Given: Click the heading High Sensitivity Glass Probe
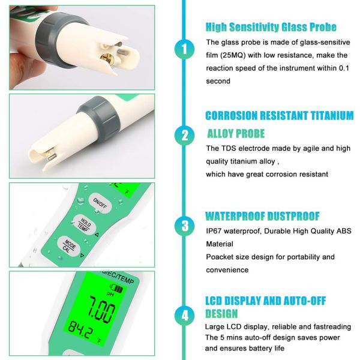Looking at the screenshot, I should (271, 27).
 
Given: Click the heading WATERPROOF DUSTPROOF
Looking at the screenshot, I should (262, 216).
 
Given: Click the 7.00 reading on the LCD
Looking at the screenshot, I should (99, 311).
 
